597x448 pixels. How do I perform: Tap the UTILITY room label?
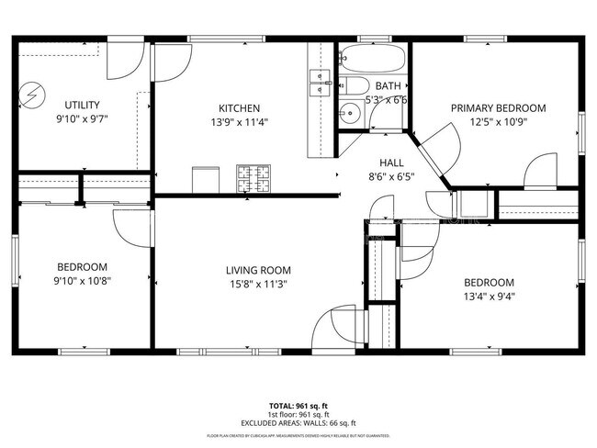(82, 105)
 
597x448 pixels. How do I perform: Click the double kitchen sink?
(320, 83)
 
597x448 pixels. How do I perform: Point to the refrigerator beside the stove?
(206, 180)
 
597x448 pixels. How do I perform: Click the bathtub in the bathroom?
(372, 61)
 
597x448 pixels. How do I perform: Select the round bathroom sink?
(349, 115)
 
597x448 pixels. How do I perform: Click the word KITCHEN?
(238, 107)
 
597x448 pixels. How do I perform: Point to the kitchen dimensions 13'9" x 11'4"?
(238, 121)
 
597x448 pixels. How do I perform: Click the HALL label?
(378, 162)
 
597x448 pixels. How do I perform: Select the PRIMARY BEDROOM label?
(498, 107)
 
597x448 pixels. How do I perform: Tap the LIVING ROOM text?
(258, 270)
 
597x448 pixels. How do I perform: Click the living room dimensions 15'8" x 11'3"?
(258, 284)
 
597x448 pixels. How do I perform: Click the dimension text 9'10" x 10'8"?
(82, 281)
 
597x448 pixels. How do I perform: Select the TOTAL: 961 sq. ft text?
(299, 405)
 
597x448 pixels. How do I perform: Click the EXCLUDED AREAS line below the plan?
(299, 423)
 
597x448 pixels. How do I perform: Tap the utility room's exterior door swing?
(123, 62)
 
